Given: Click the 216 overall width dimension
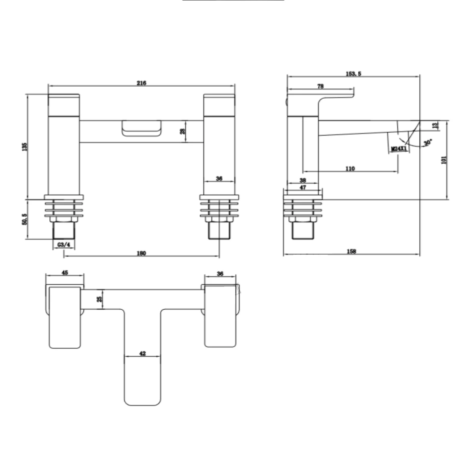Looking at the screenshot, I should click(x=141, y=83).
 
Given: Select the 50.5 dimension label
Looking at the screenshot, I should click(x=24, y=220).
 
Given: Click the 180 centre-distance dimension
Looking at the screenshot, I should click(x=141, y=253).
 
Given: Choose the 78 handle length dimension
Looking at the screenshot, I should click(x=320, y=86).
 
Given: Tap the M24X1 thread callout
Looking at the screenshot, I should click(x=399, y=148).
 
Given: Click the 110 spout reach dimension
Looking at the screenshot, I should click(x=349, y=168).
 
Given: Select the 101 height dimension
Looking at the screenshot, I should click(x=444, y=160).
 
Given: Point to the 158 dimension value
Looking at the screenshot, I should click(x=351, y=252).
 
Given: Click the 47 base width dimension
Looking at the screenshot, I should click(x=303, y=187).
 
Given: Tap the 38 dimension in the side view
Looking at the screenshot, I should click(x=303, y=181).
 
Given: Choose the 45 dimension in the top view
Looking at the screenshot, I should click(x=65, y=272).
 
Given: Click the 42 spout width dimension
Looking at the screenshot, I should click(x=142, y=353).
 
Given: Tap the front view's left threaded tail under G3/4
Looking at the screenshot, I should click(x=64, y=232).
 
